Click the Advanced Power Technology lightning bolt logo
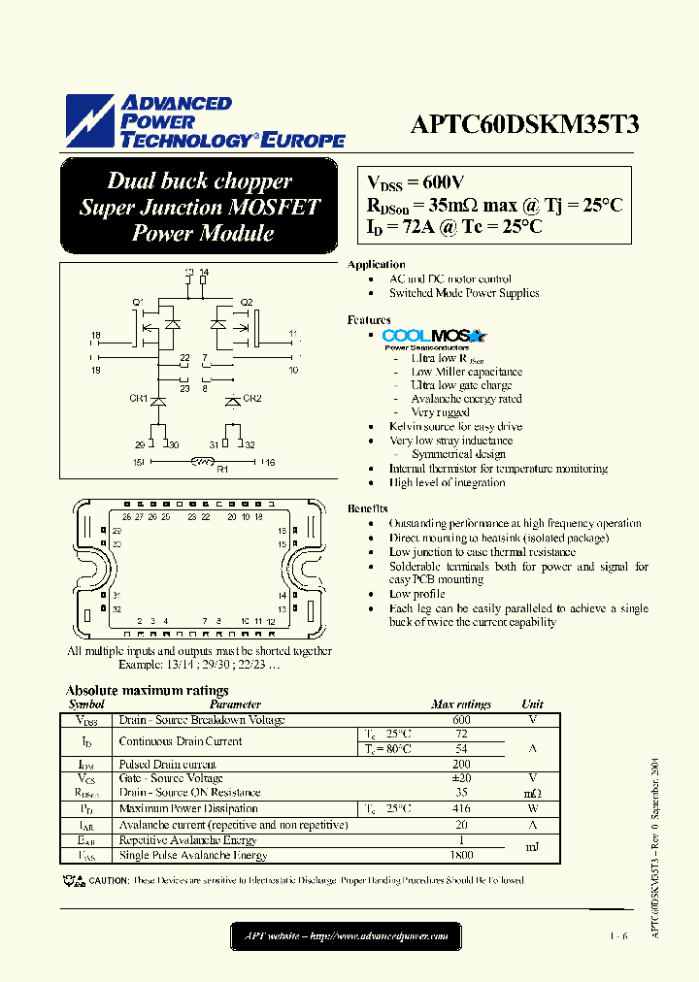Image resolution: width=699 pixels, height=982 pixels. tap(89, 121)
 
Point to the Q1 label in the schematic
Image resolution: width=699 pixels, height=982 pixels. tap(137, 302)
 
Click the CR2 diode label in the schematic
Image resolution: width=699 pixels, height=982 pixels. tap(251, 398)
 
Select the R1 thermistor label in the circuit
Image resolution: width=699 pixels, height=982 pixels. tap(221, 471)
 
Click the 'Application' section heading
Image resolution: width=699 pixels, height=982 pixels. tap(377, 264)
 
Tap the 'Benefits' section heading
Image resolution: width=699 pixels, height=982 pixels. tap(368, 508)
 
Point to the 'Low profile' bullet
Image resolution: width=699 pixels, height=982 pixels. tap(417, 594)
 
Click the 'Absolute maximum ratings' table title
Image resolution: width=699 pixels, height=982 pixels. tap(147, 691)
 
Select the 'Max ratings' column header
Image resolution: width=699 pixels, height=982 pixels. tap(461, 704)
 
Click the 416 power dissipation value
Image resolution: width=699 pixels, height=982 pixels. tap(461, 808)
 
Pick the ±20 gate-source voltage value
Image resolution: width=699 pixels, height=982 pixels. tap(461, 778)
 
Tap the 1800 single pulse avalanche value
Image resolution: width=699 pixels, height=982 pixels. tap(461, 855)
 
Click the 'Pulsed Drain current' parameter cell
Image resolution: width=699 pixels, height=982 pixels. tap(170, 765)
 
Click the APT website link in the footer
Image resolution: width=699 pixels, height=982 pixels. tap(346, 936)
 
